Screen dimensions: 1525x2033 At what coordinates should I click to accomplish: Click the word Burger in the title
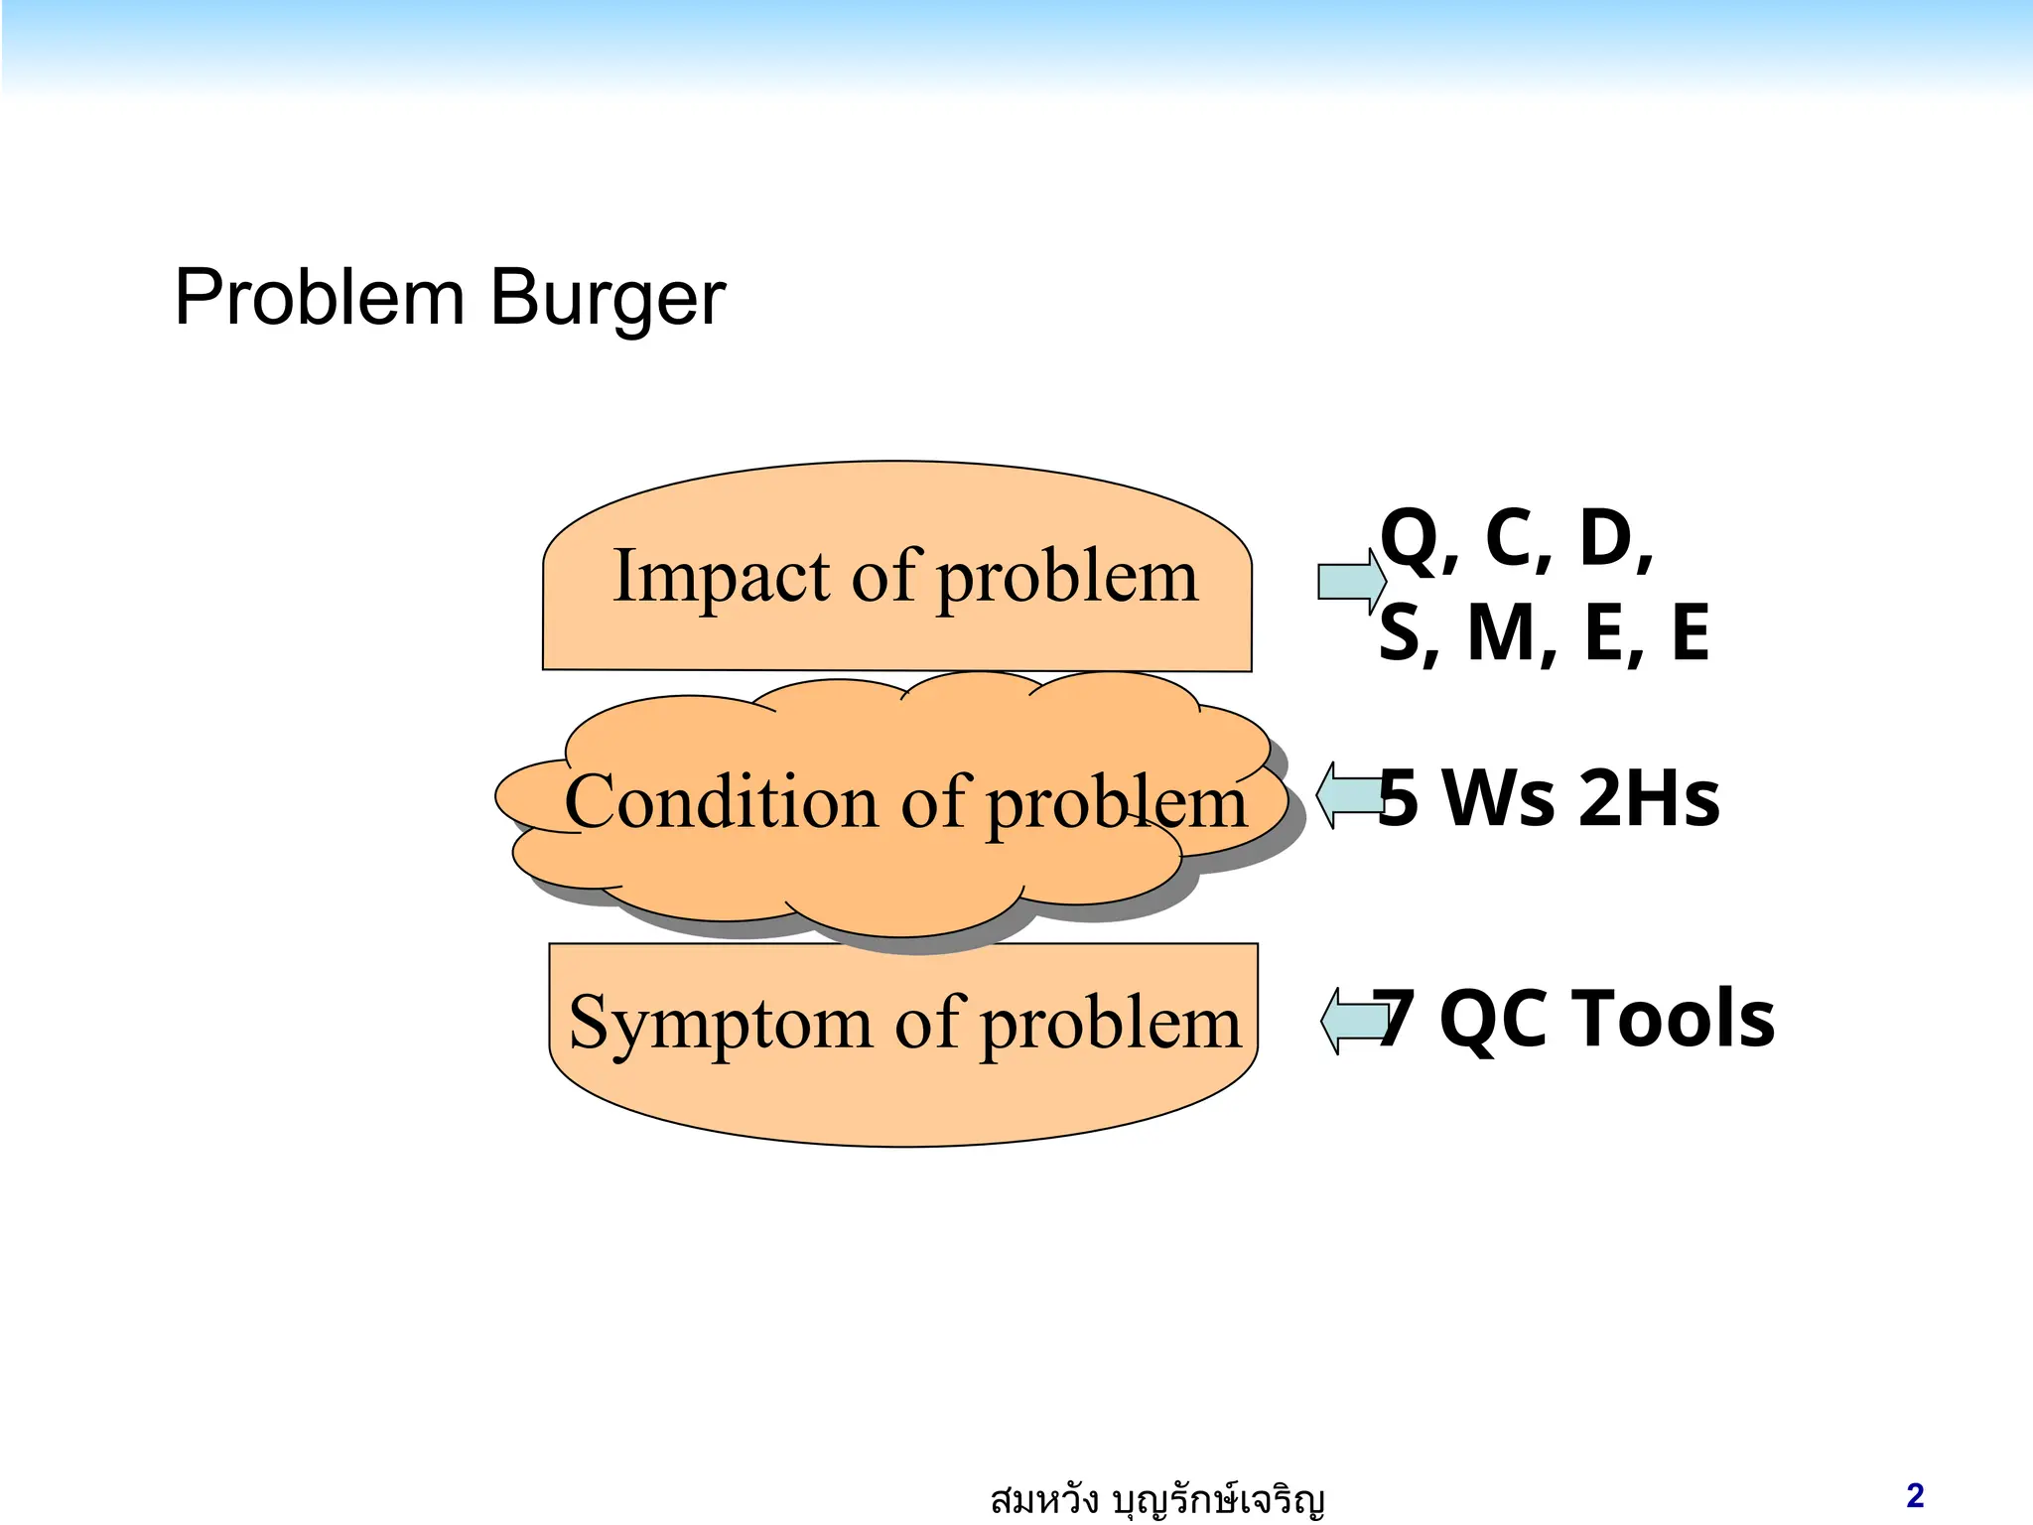coord(608,298)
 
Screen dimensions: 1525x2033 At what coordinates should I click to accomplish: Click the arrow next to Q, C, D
coord(1351,582)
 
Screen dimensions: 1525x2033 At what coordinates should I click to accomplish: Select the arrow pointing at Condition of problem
coord(1347,794)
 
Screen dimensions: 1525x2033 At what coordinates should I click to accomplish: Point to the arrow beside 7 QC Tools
coord(1352,1020)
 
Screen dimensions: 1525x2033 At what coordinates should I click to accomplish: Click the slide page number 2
coord(1915,1495)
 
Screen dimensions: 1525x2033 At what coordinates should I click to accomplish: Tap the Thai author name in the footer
coord(1156,1499)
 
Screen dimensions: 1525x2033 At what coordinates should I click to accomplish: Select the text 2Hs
coord(1649,798)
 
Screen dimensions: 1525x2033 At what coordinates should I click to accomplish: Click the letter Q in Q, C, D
coord(1410,538)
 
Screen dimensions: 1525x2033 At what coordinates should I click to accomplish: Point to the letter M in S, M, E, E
coord(1504,633)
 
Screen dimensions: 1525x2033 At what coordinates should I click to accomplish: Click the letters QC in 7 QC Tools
coord(1493,1021)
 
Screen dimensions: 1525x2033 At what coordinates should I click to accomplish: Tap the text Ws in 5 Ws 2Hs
coord(1498,798)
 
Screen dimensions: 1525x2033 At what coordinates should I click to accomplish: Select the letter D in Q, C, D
coord(1606,538)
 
